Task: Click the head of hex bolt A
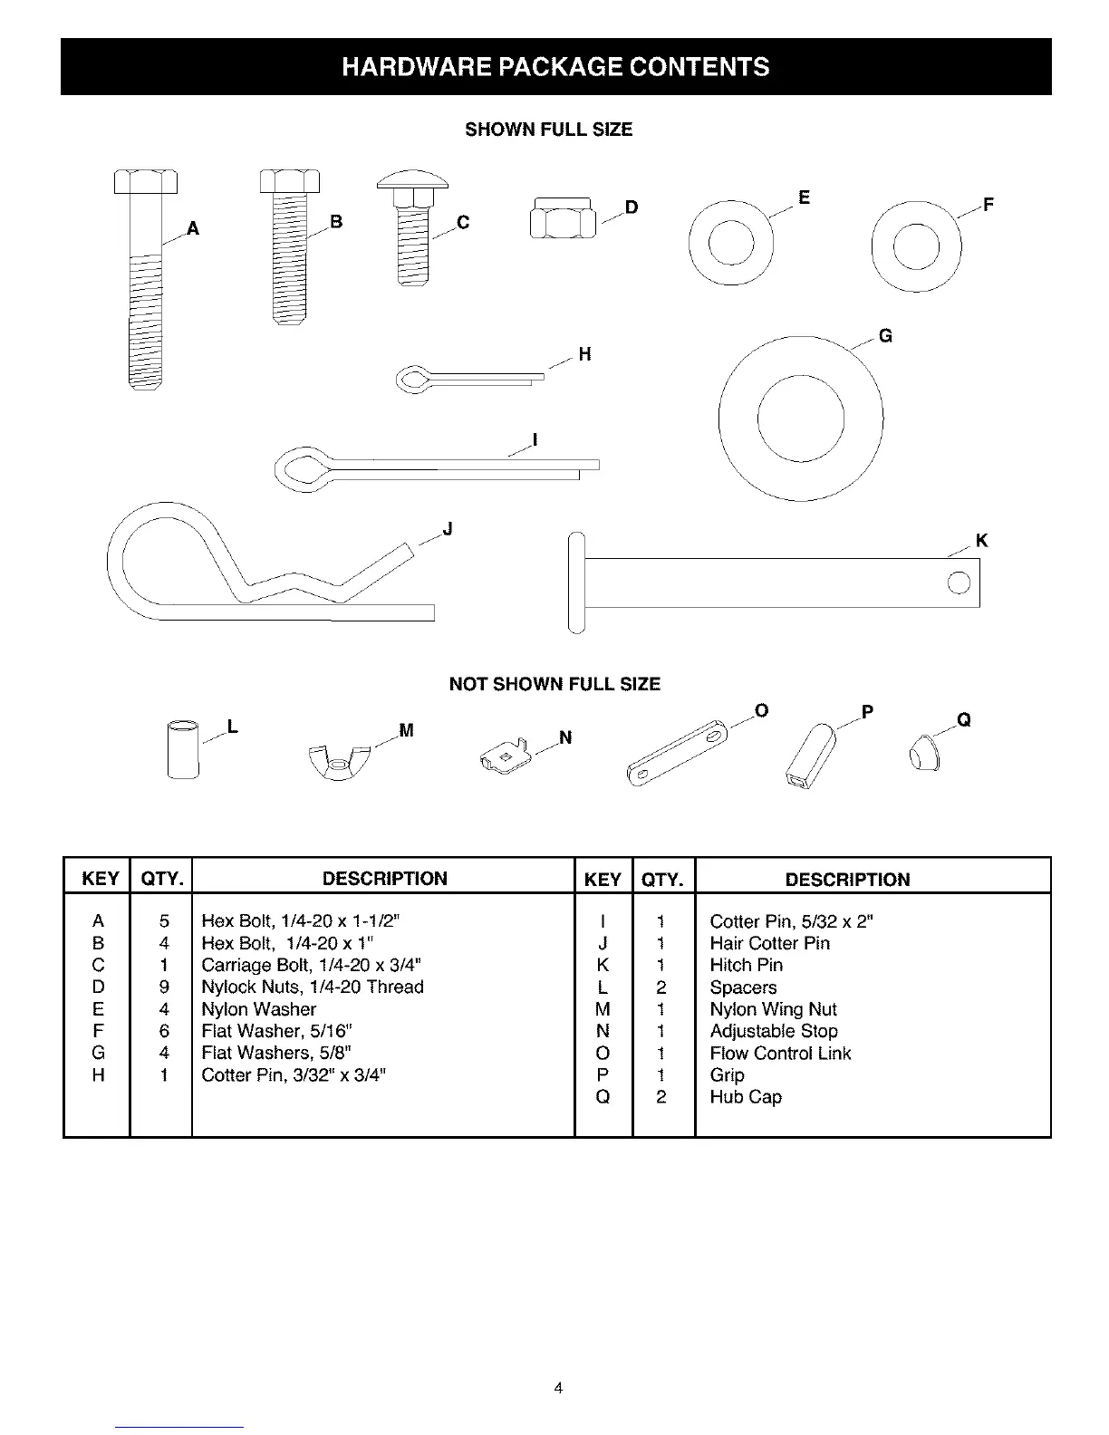[146, 182]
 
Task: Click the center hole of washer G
[800, 419]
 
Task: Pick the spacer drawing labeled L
[183, 748]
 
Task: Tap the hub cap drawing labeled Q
[923, 753]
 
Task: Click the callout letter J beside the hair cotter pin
[448, 530]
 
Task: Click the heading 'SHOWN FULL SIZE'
[548, 130]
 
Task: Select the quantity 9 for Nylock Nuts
[164, 987]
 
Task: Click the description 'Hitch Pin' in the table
[746, 966]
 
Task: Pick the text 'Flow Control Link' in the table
[780, 1054]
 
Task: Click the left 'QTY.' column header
[161, 879]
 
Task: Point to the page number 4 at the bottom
[558, 1388]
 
